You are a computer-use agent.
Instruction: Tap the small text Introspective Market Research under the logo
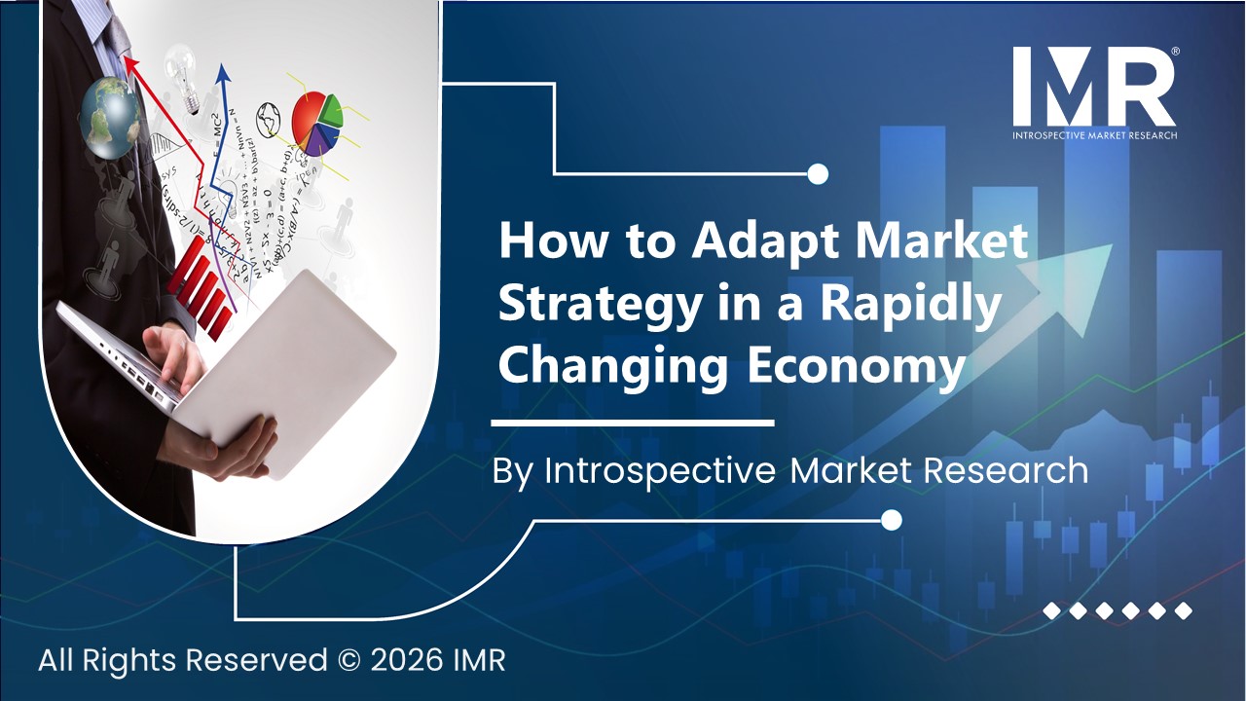click(1094, 134)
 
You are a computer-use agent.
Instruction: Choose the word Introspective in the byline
click(659, 471)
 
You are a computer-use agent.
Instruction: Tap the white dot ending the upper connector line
click(818, 174)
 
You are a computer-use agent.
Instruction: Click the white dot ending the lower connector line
click(890, 520)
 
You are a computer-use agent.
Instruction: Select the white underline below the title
click(633, 424)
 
